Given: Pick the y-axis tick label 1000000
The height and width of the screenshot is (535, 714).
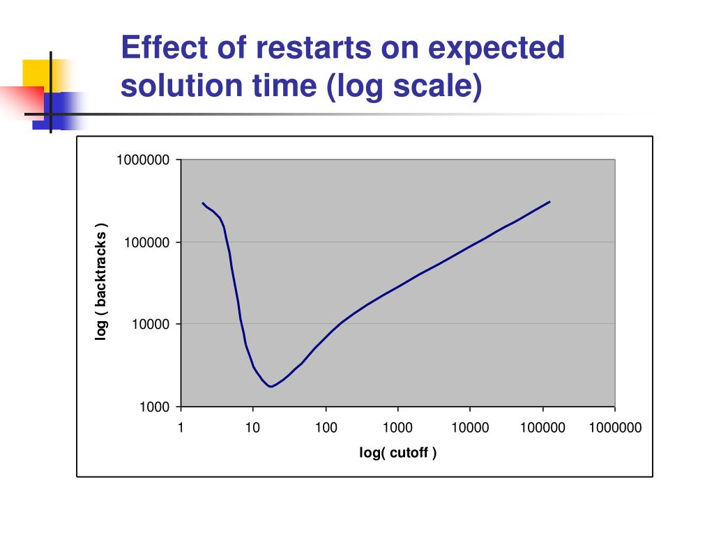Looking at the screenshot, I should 143,160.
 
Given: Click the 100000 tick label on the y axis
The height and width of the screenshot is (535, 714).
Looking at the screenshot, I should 146,242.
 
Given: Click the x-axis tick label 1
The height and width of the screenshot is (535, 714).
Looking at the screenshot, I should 181,428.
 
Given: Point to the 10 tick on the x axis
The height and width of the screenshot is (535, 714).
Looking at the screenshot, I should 252,428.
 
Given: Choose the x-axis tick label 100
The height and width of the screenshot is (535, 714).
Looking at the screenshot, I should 326,428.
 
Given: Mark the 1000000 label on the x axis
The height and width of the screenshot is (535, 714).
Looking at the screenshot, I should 615,428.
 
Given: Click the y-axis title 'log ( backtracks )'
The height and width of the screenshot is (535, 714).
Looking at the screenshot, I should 102,283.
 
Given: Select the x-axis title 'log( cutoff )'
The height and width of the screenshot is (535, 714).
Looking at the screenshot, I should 398,453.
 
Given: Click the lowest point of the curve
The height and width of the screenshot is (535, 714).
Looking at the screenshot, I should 271,386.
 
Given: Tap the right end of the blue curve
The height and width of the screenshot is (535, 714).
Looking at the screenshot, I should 549,202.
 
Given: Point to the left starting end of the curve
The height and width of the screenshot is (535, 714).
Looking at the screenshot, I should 203,203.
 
